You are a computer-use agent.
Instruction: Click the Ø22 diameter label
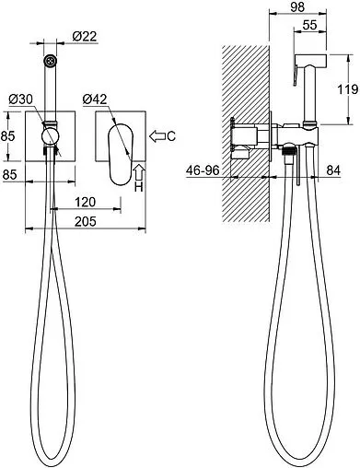[x=85, y=36]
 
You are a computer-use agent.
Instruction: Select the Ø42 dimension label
[x=95, y=99]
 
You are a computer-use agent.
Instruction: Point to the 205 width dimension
[x=86, y=221]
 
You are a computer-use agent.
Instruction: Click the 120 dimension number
[x=86, y=202]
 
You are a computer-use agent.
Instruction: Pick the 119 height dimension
[x=348, y=89]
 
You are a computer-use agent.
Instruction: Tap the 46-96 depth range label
[x=203, y=170]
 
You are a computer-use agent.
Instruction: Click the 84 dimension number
[x=333, y=170]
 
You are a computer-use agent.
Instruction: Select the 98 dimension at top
[x=297, y=6]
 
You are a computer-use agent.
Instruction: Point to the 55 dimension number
[x=309, y=25]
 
